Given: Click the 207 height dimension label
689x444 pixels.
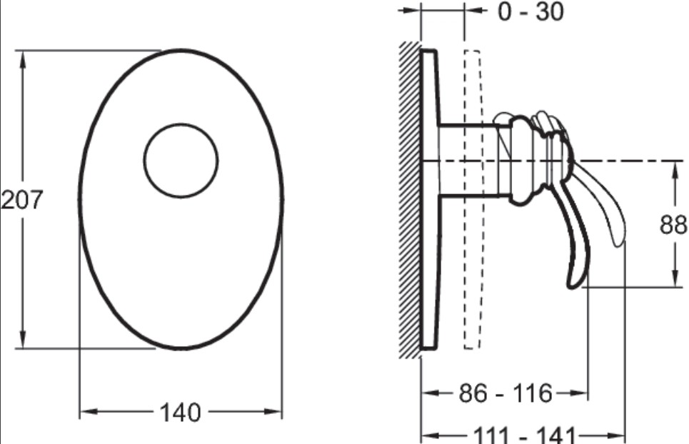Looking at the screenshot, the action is [x=21, y=200].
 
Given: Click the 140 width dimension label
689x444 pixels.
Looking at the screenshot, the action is [x=180, y=413].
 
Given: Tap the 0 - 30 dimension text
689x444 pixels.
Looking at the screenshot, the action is [x=530, y=11].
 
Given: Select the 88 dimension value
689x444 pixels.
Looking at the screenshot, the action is [x=673, y=225].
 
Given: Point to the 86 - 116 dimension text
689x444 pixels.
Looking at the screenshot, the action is [x=506, y=393].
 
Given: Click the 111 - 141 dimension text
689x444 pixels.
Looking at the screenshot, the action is [x=524, y=435].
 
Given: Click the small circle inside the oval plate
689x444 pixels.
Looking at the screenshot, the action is [x=181, y=161].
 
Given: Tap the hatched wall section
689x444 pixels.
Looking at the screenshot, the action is [x=411, y=200].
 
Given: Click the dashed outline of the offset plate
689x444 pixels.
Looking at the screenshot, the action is [x=473, y=200].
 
